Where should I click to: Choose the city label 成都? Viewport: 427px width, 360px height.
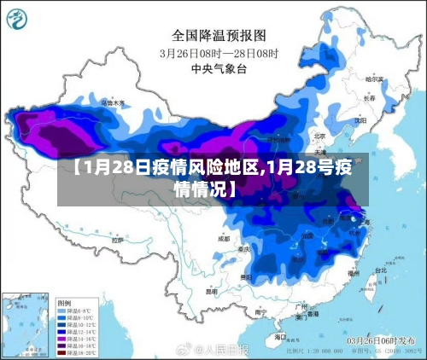[x=224, y=238]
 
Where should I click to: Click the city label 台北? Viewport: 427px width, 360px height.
[x=378, y=270]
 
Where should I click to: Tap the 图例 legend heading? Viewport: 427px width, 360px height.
[x=64, y=302]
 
